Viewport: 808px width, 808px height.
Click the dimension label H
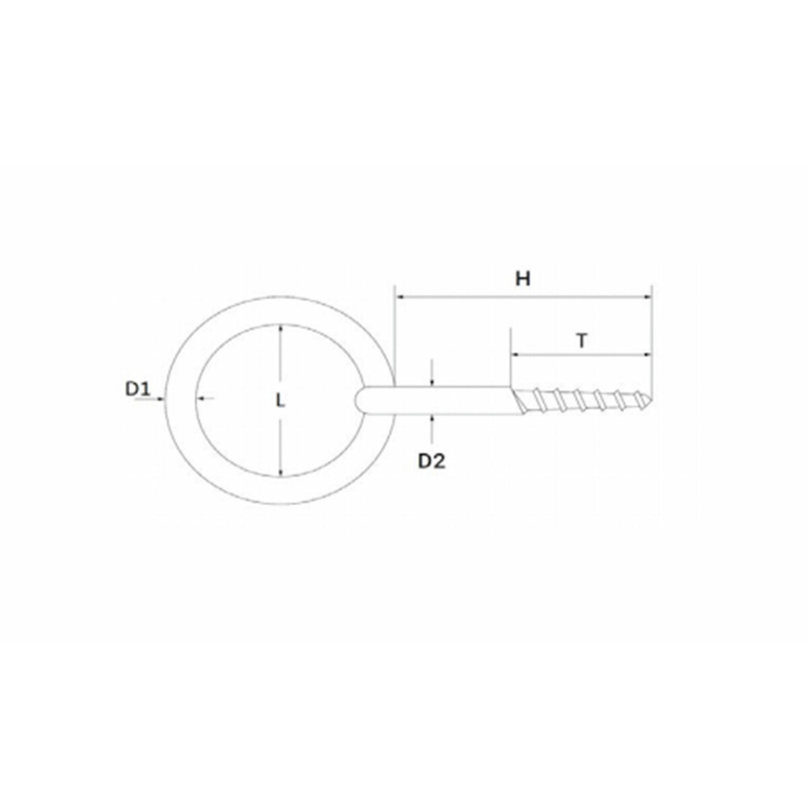pos(523,278)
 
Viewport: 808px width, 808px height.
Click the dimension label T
pos(581,341)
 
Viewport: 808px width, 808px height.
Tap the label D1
pos(137,390)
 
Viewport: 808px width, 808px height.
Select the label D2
pos(432,462)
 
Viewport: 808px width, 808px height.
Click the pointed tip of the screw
pos(652,400)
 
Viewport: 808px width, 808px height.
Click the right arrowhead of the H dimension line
pos(648,297)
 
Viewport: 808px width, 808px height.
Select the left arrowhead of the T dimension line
pos(516,355)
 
